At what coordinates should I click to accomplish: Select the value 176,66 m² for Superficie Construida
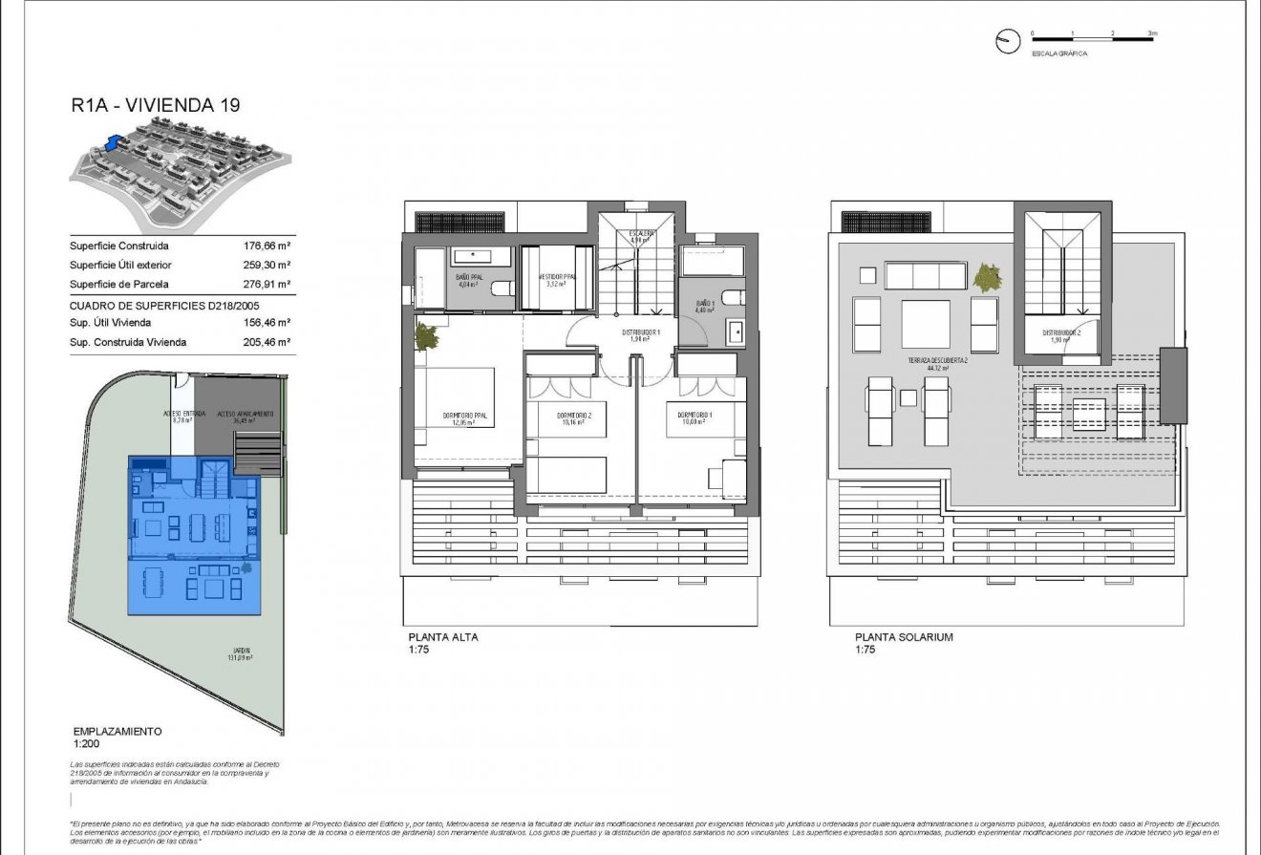click(x=267, y=246)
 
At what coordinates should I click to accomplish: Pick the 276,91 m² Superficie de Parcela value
click(x=267, y=284)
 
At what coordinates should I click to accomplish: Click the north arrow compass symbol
click(x=1005, y=42)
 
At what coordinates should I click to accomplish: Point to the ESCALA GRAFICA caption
click(x=1058, y=54)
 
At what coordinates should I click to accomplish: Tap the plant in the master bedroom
click(x=427, y=336)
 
